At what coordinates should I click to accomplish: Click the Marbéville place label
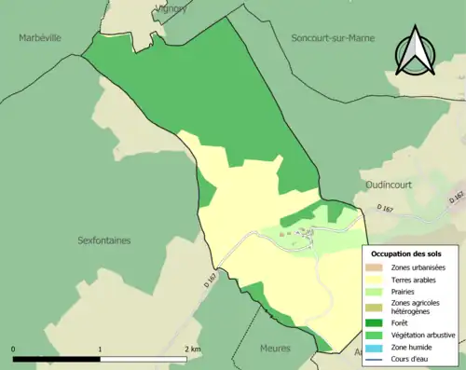coord(39,38)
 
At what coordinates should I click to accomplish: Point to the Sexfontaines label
coord(103,240)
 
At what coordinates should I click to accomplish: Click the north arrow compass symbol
coord(416,51)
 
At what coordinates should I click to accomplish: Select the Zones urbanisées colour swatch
coord(377,267)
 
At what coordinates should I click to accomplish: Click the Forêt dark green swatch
coord(377,323)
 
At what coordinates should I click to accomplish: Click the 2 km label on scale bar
coord(191,349)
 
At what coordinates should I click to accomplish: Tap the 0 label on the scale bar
coord(14,349)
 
